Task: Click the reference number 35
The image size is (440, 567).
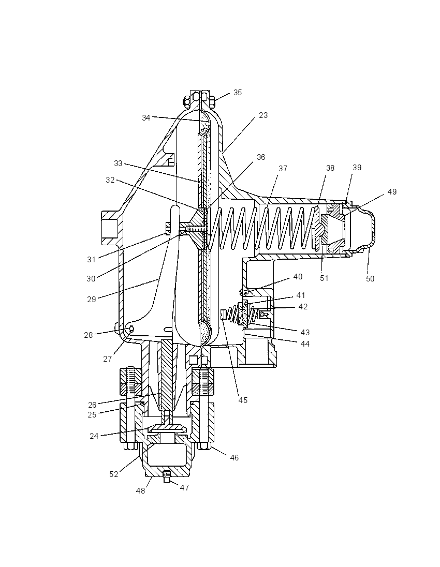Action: tap(238, 93)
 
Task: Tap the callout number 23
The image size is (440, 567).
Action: tap(263, 115)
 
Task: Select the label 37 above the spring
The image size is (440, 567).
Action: tap(283, 169)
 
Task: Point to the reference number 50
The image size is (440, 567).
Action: tap(370, 279)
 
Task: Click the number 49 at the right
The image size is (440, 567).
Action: tap(392, 191)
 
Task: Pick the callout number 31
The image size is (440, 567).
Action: tap(91, 259)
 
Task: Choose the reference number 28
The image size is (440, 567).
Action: tap(89, 335)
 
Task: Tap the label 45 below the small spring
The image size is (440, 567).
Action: tap(243, 400)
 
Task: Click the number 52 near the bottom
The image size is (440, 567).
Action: tap(114, 474)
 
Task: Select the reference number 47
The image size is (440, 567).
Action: tap(184, 488)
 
